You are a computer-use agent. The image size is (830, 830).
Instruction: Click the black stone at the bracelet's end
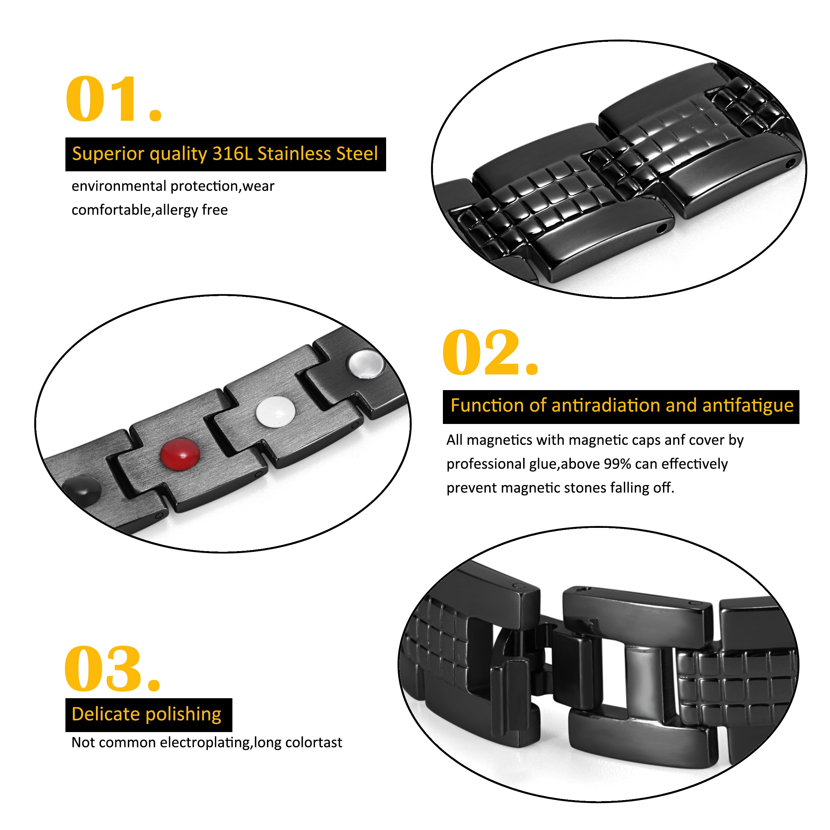82,489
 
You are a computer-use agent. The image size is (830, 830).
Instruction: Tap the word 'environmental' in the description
119,186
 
